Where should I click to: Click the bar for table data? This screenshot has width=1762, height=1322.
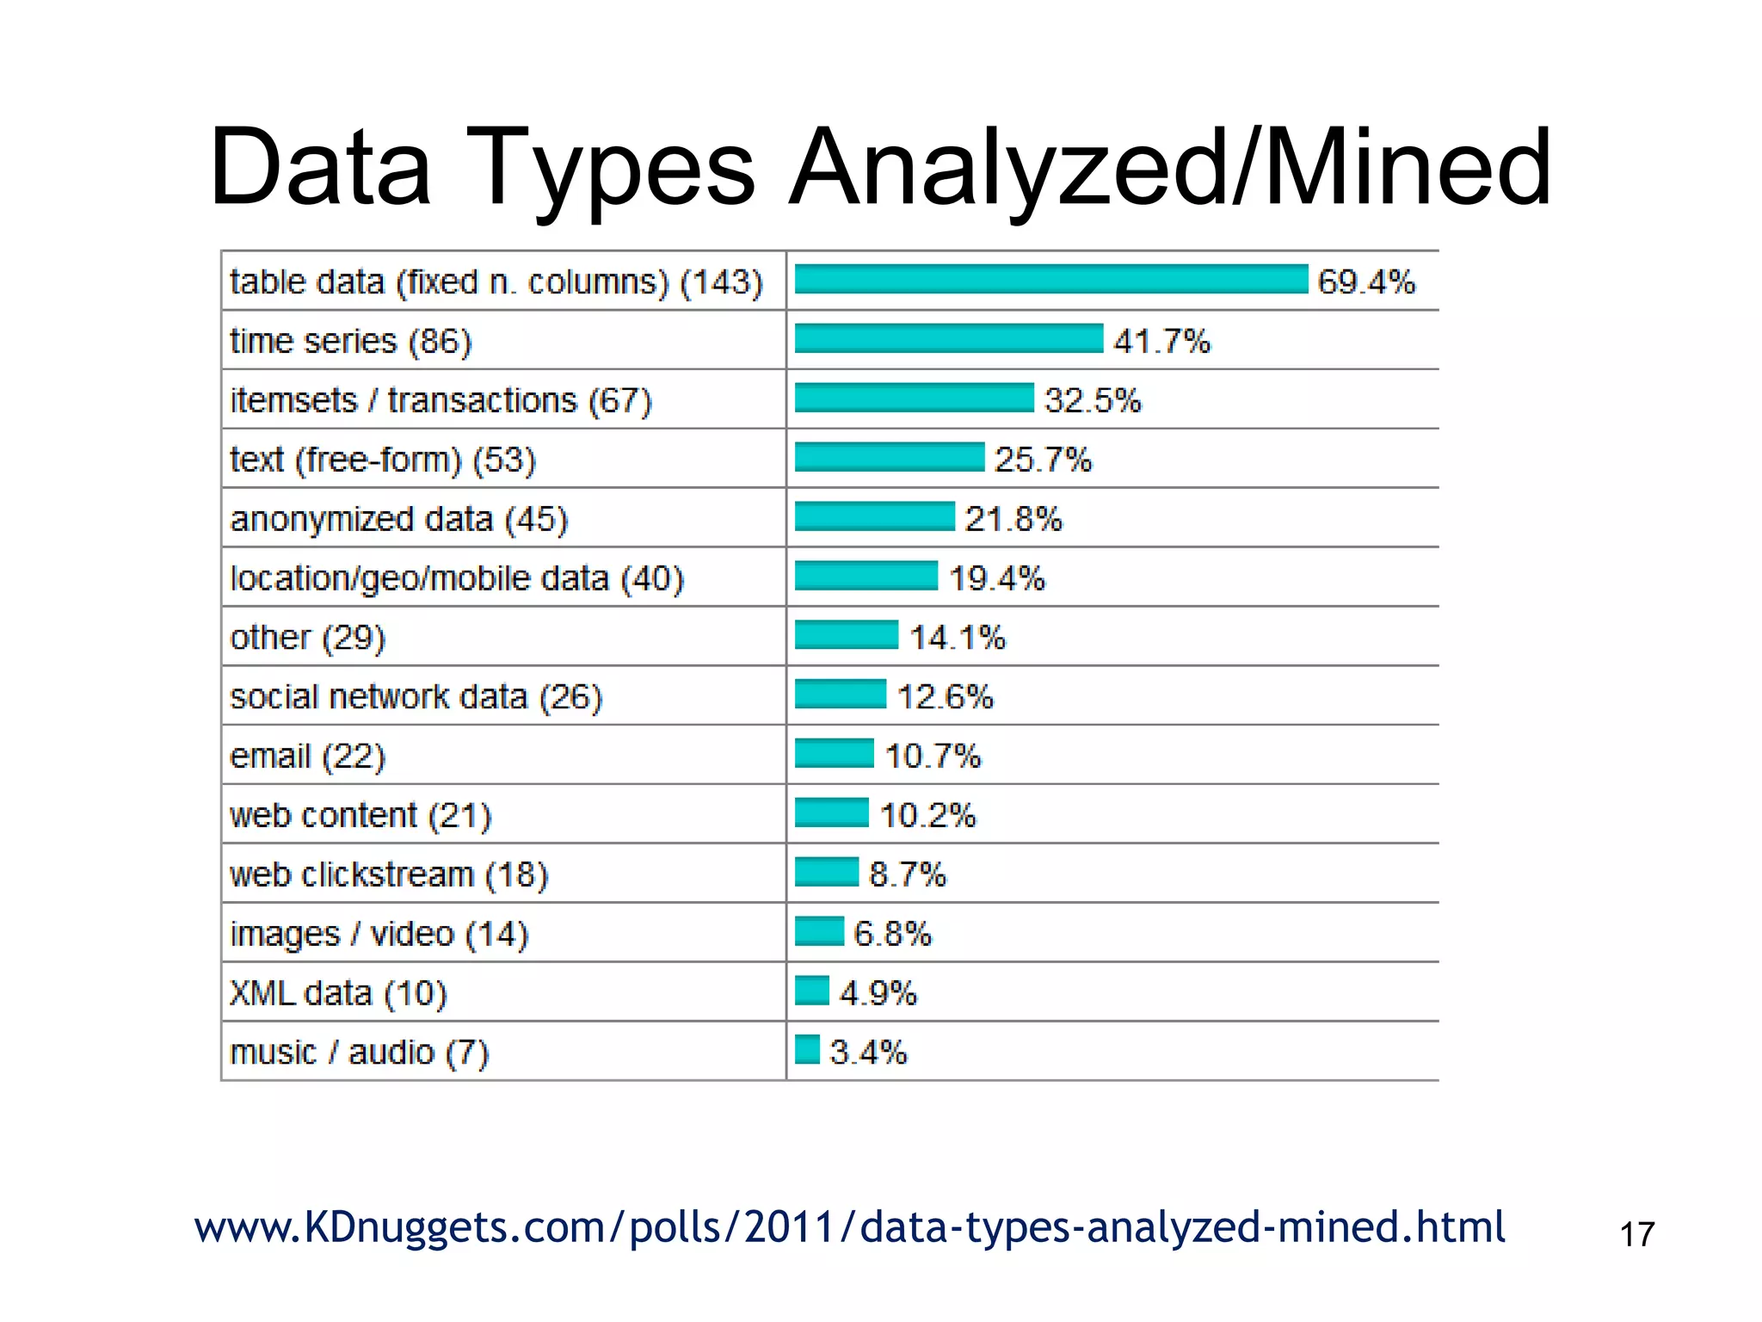tap(1050, 280)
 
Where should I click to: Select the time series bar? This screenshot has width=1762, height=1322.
tap(948, 338)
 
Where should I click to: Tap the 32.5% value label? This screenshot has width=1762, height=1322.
tap(1093, 400)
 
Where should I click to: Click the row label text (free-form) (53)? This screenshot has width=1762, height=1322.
tap(383, 460)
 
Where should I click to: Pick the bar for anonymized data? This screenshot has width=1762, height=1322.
tap(874, 516)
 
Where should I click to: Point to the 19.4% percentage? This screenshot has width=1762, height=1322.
tap(996, 578)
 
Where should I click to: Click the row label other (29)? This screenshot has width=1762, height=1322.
tap(307, 638)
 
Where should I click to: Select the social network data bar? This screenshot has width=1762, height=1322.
tap(840, 694)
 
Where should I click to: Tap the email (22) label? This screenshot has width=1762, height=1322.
tap(307, 757)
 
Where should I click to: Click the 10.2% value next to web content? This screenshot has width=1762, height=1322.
tap(927, 815)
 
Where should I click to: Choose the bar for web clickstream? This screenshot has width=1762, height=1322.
tap(826, 872)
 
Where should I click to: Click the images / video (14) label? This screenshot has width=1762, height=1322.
tap(379, 934)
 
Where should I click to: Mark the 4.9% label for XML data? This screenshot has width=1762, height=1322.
tap(878, 993)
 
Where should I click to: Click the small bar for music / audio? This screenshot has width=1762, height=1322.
tap(806, 1050)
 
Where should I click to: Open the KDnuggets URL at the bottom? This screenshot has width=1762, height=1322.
tap(849, 1227)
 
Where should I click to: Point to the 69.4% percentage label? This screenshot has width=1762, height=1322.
tap(1366, 281)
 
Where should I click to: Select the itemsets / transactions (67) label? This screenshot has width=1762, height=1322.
tap(440, 400)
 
